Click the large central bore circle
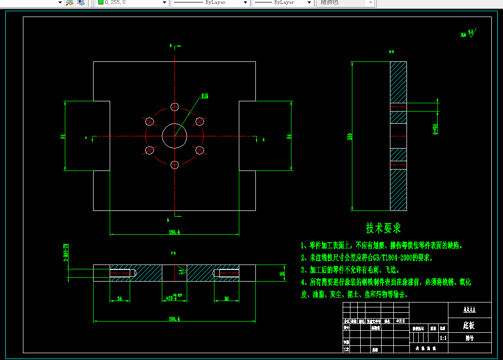pyautogui.click(x=174, y=135)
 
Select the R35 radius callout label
pyautogui.click(x=205, y=96)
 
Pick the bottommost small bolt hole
pyautogui.click(x=174, y=164)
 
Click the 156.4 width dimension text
pyautogui.click(x=174, y=232)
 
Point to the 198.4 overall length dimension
pyautogui.click(x=174, y=319)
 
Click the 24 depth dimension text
pyautogui.click(x=120, y=299)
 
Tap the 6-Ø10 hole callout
pyautogui.click(x=435, y=129)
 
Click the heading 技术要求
pyautogui.click(x=383, y=228)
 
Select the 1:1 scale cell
pyautogui.click(x=443, y=337)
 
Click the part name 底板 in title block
pyautogui.click(x=469, y=325)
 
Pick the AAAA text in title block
pyautogui.click(x=469, y=310)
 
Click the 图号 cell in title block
pyautogui.click(x=469, y=337)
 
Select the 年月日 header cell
pyautogui.click(x=400, y=322)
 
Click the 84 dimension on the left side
pyautogui.click(x=63, y=136)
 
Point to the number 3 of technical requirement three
pyautogui.click(x=303, y=269)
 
